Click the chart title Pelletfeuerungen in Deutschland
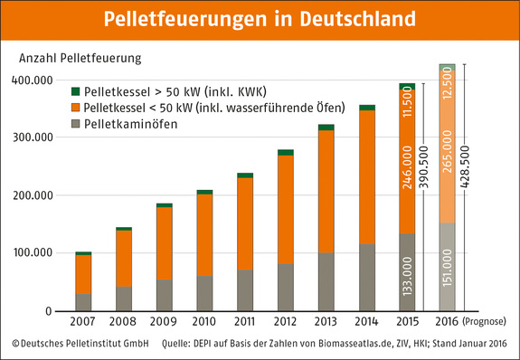click(260, 19)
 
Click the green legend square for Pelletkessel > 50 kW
click(75, 91)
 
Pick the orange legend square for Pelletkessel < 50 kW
click(75, 107)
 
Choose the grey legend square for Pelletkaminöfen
click(75, 123)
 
